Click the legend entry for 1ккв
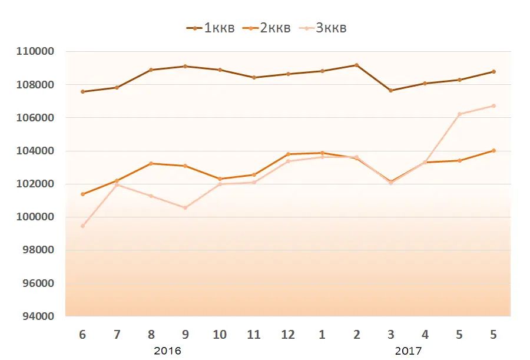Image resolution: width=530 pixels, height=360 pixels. [x=210, y=28]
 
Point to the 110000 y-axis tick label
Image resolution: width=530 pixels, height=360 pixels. [x=35, y=51]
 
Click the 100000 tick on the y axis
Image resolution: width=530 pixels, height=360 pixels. [x=35, y=217]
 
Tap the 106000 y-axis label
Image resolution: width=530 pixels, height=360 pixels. [x=35, y=118]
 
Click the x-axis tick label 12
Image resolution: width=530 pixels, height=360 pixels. [x=288, y=335]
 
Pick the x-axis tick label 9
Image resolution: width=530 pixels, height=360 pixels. [x=185, y=335]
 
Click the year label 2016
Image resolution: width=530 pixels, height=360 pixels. [x=167, y=351]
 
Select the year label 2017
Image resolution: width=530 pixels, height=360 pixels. [x=408, y=351]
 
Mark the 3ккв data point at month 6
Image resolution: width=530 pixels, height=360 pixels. [x=82, y=226]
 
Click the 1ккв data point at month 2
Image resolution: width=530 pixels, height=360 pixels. [x=356, y=65]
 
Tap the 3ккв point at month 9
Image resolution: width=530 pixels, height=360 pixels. [x=185, y=207]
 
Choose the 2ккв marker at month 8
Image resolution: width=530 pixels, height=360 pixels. [x=151, y=163]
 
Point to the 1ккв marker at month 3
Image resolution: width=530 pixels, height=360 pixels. [x=390, y=90]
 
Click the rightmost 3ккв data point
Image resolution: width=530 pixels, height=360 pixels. [x=493, y=105]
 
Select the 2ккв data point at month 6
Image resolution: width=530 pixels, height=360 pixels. [x=82, y=194]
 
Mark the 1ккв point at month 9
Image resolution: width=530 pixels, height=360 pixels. [x=185, y=66]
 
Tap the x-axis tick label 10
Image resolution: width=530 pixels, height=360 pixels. [x=220, y=335]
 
